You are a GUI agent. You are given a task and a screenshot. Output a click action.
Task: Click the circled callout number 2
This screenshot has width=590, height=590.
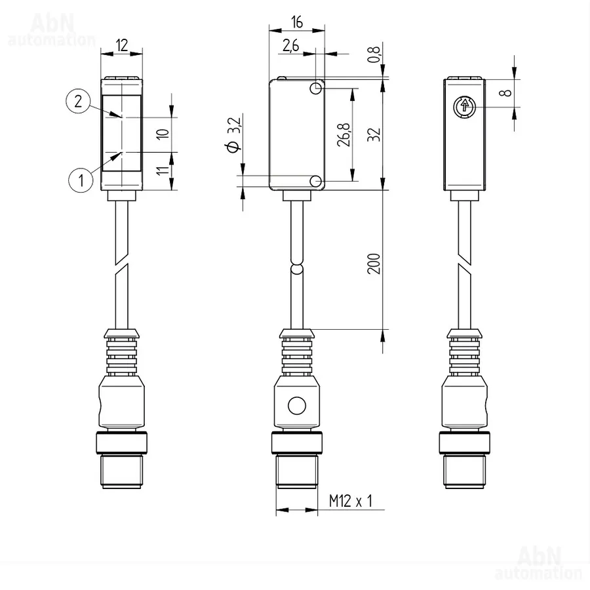78,101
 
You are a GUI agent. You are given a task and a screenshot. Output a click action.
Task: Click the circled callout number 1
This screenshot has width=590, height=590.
81,180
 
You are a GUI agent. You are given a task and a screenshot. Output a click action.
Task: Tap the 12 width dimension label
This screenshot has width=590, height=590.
122,45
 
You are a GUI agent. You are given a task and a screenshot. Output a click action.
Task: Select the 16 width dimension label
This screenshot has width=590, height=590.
297,22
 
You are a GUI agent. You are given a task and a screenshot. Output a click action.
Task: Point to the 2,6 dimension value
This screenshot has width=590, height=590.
290,45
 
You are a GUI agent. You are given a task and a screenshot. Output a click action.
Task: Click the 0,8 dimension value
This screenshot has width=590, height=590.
374,54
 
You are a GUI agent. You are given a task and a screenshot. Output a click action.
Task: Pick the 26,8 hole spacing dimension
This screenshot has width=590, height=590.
344,134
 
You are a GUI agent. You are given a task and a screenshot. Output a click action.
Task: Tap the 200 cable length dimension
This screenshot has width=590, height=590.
374,264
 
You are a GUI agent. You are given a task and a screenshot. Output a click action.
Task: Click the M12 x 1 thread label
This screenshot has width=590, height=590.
350,501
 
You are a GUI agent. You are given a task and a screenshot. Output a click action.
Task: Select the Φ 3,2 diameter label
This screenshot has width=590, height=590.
233,135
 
